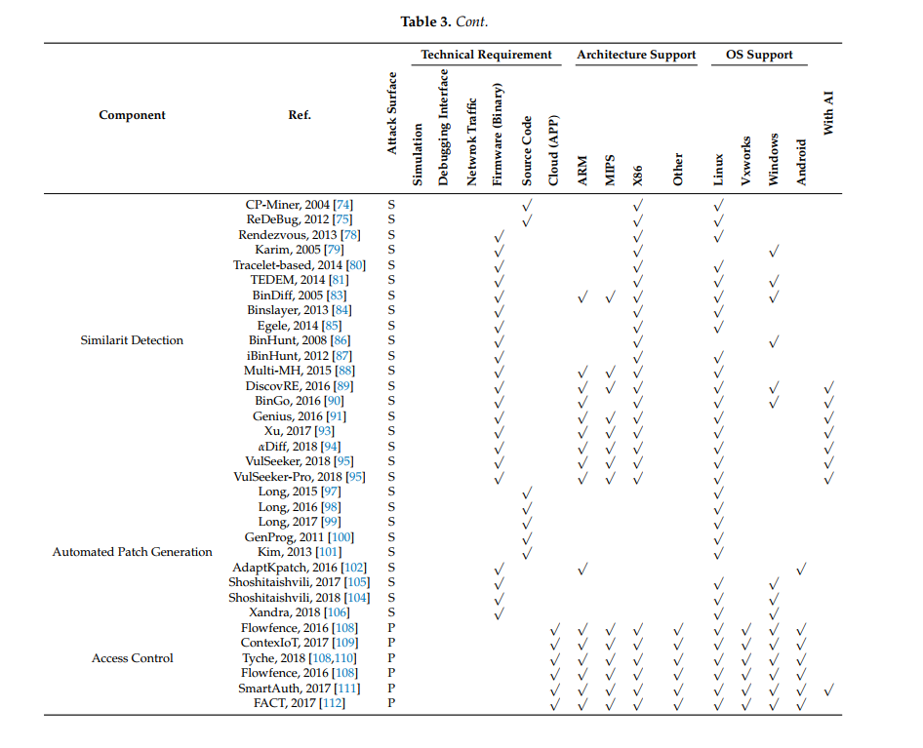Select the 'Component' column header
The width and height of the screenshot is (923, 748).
[132, 115]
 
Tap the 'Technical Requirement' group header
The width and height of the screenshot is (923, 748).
[486, 55]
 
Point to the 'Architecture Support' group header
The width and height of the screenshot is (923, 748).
[636, 55]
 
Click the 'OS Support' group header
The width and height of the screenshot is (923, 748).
[759, 55]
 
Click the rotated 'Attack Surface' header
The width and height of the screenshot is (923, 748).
[392, 113]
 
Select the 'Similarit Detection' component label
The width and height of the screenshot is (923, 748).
[132, 340]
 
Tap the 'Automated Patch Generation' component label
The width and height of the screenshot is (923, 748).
[132, 552]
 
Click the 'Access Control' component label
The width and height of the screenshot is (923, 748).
[132, 658]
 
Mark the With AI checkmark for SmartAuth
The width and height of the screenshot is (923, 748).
[828, 689]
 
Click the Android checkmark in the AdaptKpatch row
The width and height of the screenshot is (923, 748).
[801, 568]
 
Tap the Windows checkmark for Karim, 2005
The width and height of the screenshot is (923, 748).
[774, 251]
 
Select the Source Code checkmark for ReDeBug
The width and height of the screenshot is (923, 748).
[526, 220]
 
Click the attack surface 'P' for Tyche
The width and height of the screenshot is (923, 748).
[391, 658]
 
